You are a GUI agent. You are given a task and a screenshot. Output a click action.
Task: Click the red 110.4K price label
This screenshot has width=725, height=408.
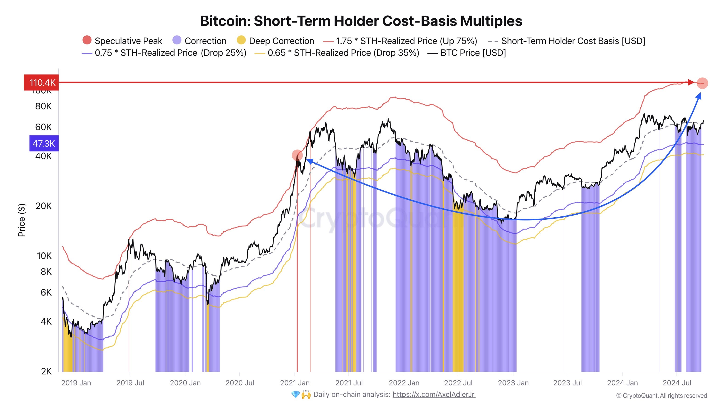point(41,83)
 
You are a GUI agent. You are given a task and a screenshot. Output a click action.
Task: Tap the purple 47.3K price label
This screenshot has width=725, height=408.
point(44,143)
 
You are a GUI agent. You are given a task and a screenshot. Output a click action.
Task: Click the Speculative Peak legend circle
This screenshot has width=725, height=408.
point(87,40)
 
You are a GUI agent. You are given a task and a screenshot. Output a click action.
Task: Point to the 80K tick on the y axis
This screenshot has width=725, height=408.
point(43,106)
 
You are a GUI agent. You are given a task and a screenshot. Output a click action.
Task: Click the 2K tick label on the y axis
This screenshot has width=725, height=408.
point(46,371)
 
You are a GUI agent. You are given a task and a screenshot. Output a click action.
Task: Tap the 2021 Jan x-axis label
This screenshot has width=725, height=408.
point(295,383)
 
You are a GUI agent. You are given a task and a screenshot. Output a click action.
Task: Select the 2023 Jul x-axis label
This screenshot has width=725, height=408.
point(567,383)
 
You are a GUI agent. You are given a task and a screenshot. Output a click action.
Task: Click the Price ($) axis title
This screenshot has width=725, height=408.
point(22,220)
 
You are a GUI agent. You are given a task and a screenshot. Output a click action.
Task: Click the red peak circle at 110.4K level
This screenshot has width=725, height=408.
point(702,83)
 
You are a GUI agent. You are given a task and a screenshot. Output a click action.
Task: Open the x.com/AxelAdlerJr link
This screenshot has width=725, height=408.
point(434,394)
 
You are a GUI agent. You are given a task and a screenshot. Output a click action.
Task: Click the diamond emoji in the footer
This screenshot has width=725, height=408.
point(295,394)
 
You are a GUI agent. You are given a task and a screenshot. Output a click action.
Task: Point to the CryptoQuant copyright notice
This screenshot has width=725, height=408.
point(661,396)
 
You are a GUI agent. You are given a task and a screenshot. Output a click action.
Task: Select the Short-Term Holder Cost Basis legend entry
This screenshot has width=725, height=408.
point(573,41)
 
